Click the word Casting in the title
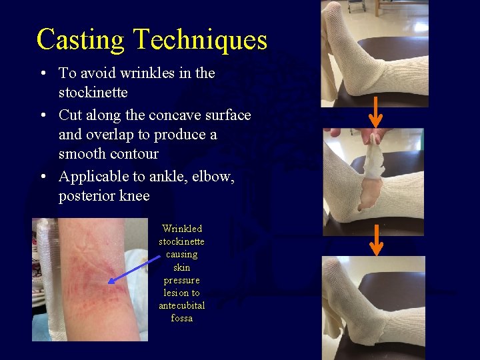pyautogui.click(x=80, y=40)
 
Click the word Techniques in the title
pyautogui.click(x=200, y=40)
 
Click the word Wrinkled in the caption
pyautogui.click(x=181, y=229)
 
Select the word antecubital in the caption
pyautogui.click(x=181, y=305)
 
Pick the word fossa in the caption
pyautogui.click(x=181, y=318)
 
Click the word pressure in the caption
pyautogui.click(x=181, y=280)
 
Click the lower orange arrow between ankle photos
pyautogui.click(x=376, y=241)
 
